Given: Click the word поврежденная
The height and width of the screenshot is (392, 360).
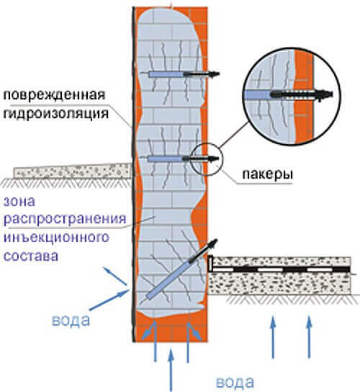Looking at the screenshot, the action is click(54, 95).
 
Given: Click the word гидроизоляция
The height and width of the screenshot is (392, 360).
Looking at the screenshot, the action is click(56, 114).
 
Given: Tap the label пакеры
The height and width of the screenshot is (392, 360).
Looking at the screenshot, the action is click(268, 174).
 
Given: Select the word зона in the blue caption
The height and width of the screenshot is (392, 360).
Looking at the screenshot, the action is click(19, 202).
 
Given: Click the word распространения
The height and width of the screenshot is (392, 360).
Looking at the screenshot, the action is click(65, 219).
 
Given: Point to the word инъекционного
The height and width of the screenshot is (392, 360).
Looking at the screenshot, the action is click(56, 237).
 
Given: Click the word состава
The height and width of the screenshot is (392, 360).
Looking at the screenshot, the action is click(31, 256).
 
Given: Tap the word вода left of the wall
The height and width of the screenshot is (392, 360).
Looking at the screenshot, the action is click(71, 320).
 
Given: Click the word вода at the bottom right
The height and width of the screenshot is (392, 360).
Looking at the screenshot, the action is click(235, 382).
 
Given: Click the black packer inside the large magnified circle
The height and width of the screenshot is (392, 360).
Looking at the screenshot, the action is click(302, 94).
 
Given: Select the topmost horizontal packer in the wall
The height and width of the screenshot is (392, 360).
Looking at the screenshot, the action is click(180, 74).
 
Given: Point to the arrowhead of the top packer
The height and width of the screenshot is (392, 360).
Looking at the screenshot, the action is click(215, 74).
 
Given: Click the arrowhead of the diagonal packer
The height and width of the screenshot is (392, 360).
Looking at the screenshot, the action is click(213, 244).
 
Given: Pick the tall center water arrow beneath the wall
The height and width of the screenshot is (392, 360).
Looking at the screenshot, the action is click(171, 370).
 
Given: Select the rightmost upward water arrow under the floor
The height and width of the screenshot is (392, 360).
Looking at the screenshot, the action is click(310, 337).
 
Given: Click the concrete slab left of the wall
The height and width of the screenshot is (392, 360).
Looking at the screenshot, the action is click(73, 171).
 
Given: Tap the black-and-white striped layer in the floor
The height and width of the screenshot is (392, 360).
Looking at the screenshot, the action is click(281, 269).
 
